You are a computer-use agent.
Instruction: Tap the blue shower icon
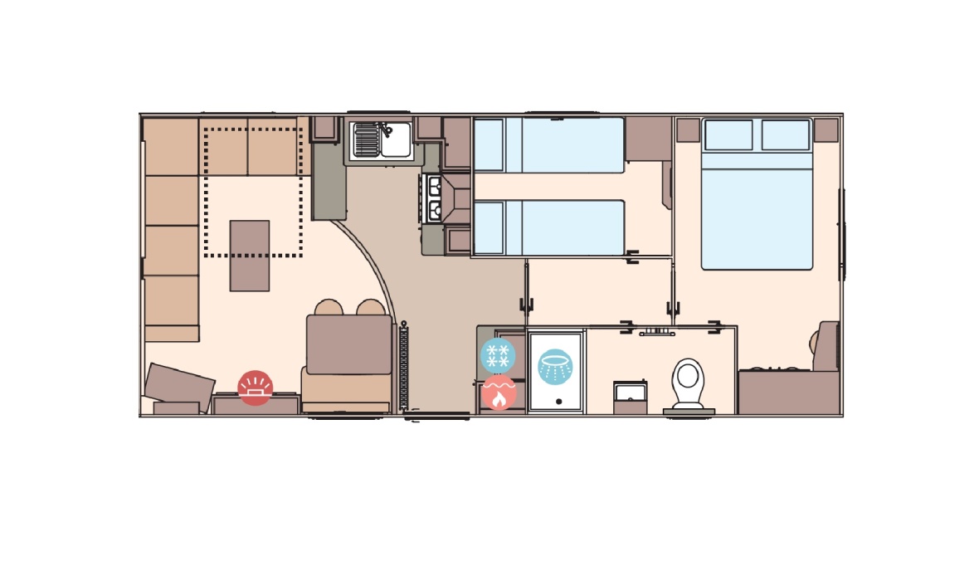[554, 366]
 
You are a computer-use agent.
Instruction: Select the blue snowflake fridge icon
[498, 356]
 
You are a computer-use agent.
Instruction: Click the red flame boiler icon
[498, 392]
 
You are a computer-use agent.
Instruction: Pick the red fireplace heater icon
[255, 387]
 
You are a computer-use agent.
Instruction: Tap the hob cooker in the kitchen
[433, 198]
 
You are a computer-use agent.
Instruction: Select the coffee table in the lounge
[250, 255]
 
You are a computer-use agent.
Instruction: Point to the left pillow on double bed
[728, 134]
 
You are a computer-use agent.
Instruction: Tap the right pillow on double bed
[785, 134]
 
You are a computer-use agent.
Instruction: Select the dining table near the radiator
[348, 344]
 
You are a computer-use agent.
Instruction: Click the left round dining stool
[329, 307]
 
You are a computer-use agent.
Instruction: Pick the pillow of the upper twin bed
[489, 145]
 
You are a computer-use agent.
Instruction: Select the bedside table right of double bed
[826, 129]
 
